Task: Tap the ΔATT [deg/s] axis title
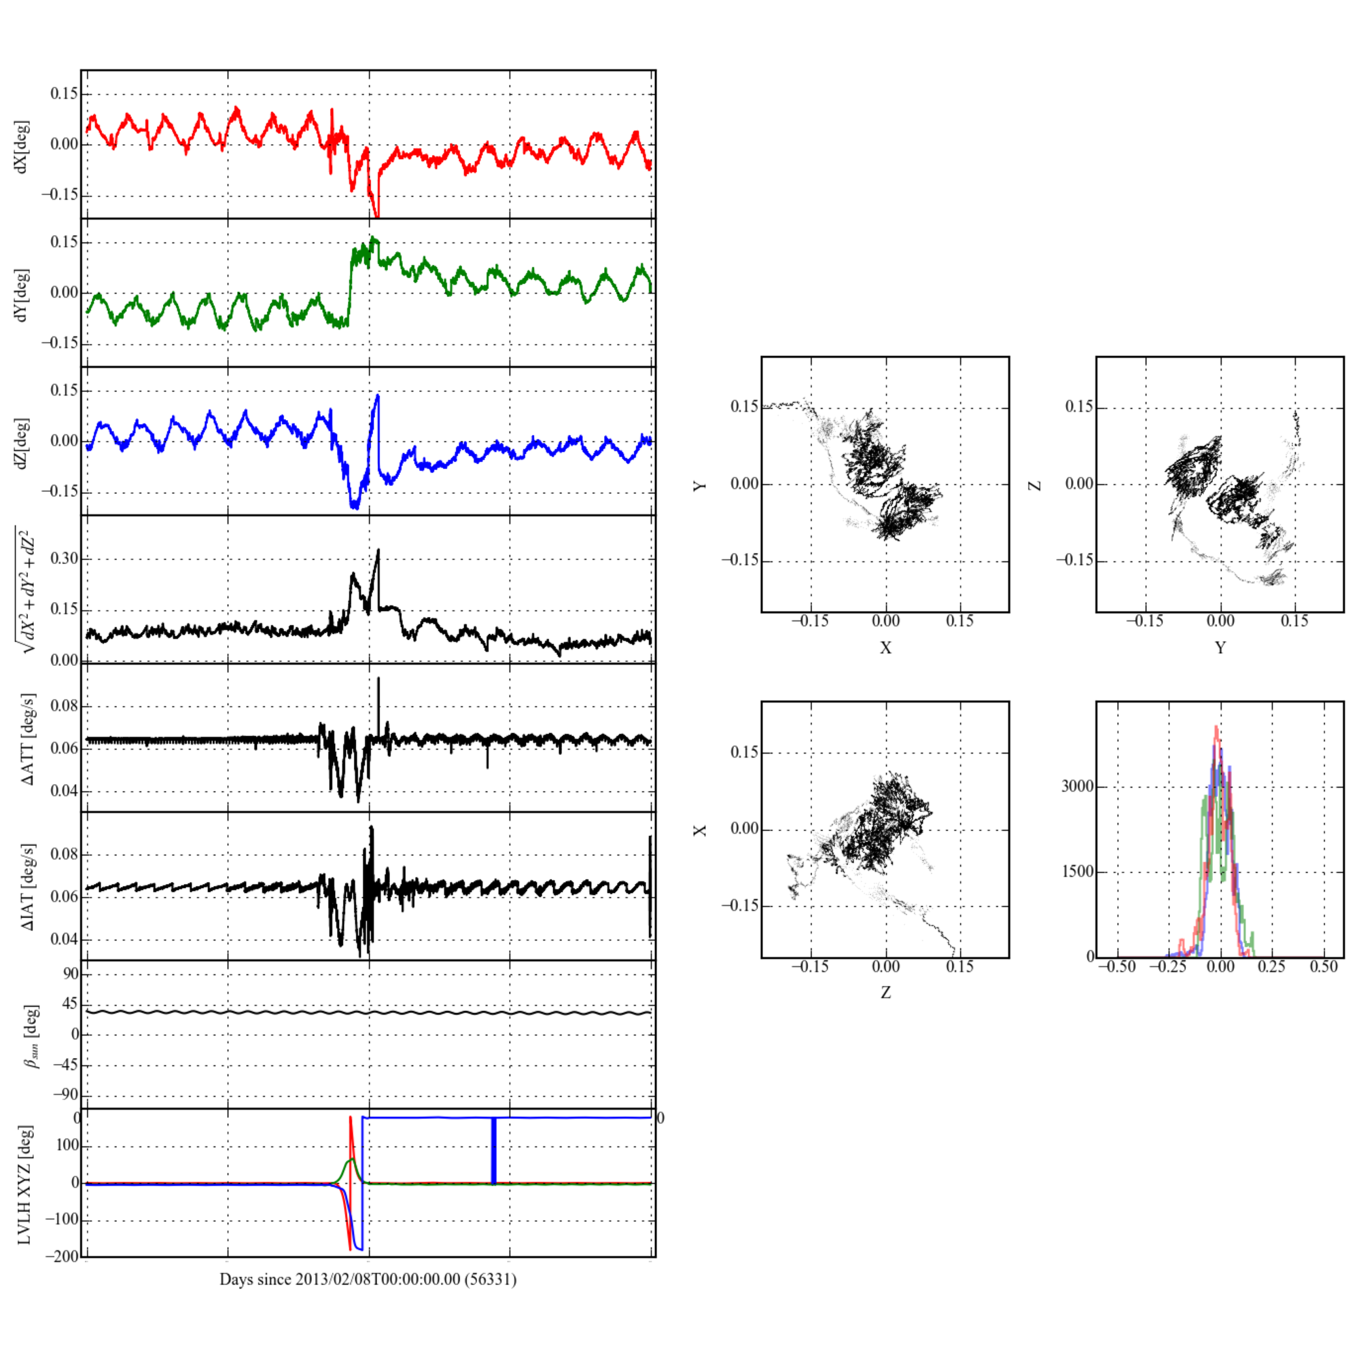27,739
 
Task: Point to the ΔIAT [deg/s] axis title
27,887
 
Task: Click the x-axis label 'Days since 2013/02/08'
368,1279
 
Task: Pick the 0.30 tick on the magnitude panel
64,559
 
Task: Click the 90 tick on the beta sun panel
71,974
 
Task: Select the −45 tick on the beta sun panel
66,1065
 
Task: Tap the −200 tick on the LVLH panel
62,1257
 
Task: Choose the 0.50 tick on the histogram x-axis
1323,967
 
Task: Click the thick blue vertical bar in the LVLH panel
493,1151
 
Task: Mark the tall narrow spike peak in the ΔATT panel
378,679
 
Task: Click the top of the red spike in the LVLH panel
351,1117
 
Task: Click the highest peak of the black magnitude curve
378,550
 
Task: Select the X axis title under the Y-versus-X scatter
885,648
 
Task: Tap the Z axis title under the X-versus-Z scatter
885,993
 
